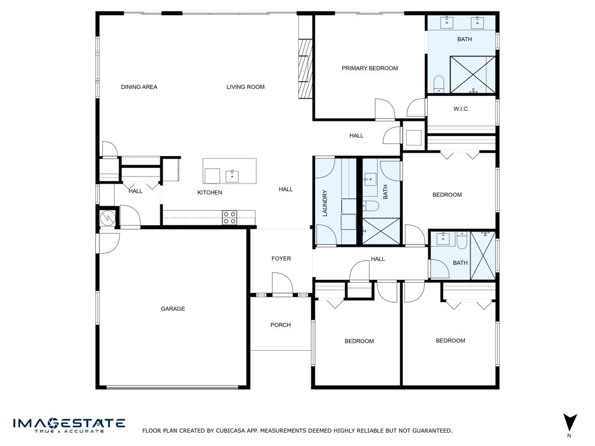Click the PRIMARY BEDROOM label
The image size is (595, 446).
pyautogui.click(x=370, y=69)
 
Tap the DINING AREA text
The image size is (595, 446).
pyautogui.click(x=139, y=87)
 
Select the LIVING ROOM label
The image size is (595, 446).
pyautogui.click(x=245, y=87)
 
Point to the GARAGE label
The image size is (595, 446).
pyautogui.click(x=173, y=309)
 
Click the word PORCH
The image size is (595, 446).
pyautogui.click(x=281, y=325)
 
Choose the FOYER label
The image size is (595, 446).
pyautogui.click(x=281, y=258)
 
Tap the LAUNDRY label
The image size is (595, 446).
pyautogui.click(x=325, y=203)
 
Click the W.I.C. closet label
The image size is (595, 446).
pyautogui.click(x=461, y=109)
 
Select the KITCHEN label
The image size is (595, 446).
pyautogui.click(x=210, y=193)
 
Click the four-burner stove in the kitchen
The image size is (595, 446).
pyautogui.click(x=230, y=217)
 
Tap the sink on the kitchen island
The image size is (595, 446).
pyautogui.click(x=232, y=175)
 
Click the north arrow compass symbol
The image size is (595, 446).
pyautogui.click(x=570, y=423)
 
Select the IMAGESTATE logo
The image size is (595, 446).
pyautogui.click(x=69, y=425)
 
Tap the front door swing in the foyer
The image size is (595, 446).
pyautogui.click(x=283, y=285)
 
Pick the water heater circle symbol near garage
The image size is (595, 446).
pyautogui.click(x=107, y=218)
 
